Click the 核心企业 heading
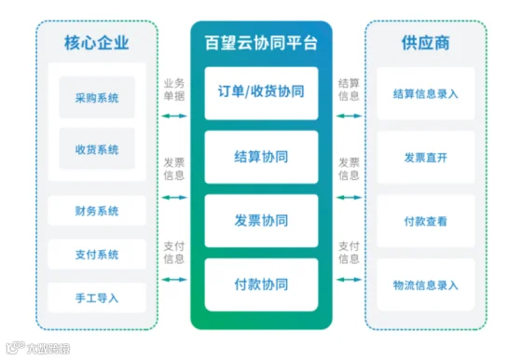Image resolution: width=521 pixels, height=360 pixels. tap(96, 43)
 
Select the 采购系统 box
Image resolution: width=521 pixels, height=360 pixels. tap(97, 97)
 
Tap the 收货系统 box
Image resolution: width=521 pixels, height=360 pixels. tap(97, 148)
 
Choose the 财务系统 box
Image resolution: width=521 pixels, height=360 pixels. tap(97, 211)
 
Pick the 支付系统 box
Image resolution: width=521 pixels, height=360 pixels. tap(97, 255)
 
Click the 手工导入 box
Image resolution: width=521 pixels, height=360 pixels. tap(97, 298)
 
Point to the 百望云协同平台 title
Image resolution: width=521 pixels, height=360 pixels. tap(261, 43)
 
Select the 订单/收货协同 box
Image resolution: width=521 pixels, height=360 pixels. tap(261, 93)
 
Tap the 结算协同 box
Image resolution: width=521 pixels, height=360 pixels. tap(261, 157)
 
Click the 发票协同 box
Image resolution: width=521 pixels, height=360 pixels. tap(261, 221)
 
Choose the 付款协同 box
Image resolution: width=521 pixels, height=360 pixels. tap(261, 284)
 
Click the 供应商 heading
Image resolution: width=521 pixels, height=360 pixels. tap(426, 43)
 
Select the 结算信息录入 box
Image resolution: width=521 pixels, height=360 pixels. tap(426, 93)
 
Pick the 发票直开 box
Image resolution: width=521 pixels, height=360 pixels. tap(426, 158)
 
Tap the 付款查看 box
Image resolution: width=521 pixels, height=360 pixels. tap(426, 221)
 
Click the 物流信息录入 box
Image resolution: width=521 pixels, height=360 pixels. tap(426, 284)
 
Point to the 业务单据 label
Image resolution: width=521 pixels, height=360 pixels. tap(174, 90)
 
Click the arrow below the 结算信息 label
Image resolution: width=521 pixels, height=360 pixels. tap(349, 116)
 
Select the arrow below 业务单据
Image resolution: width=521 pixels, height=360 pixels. tap(174, 116)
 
